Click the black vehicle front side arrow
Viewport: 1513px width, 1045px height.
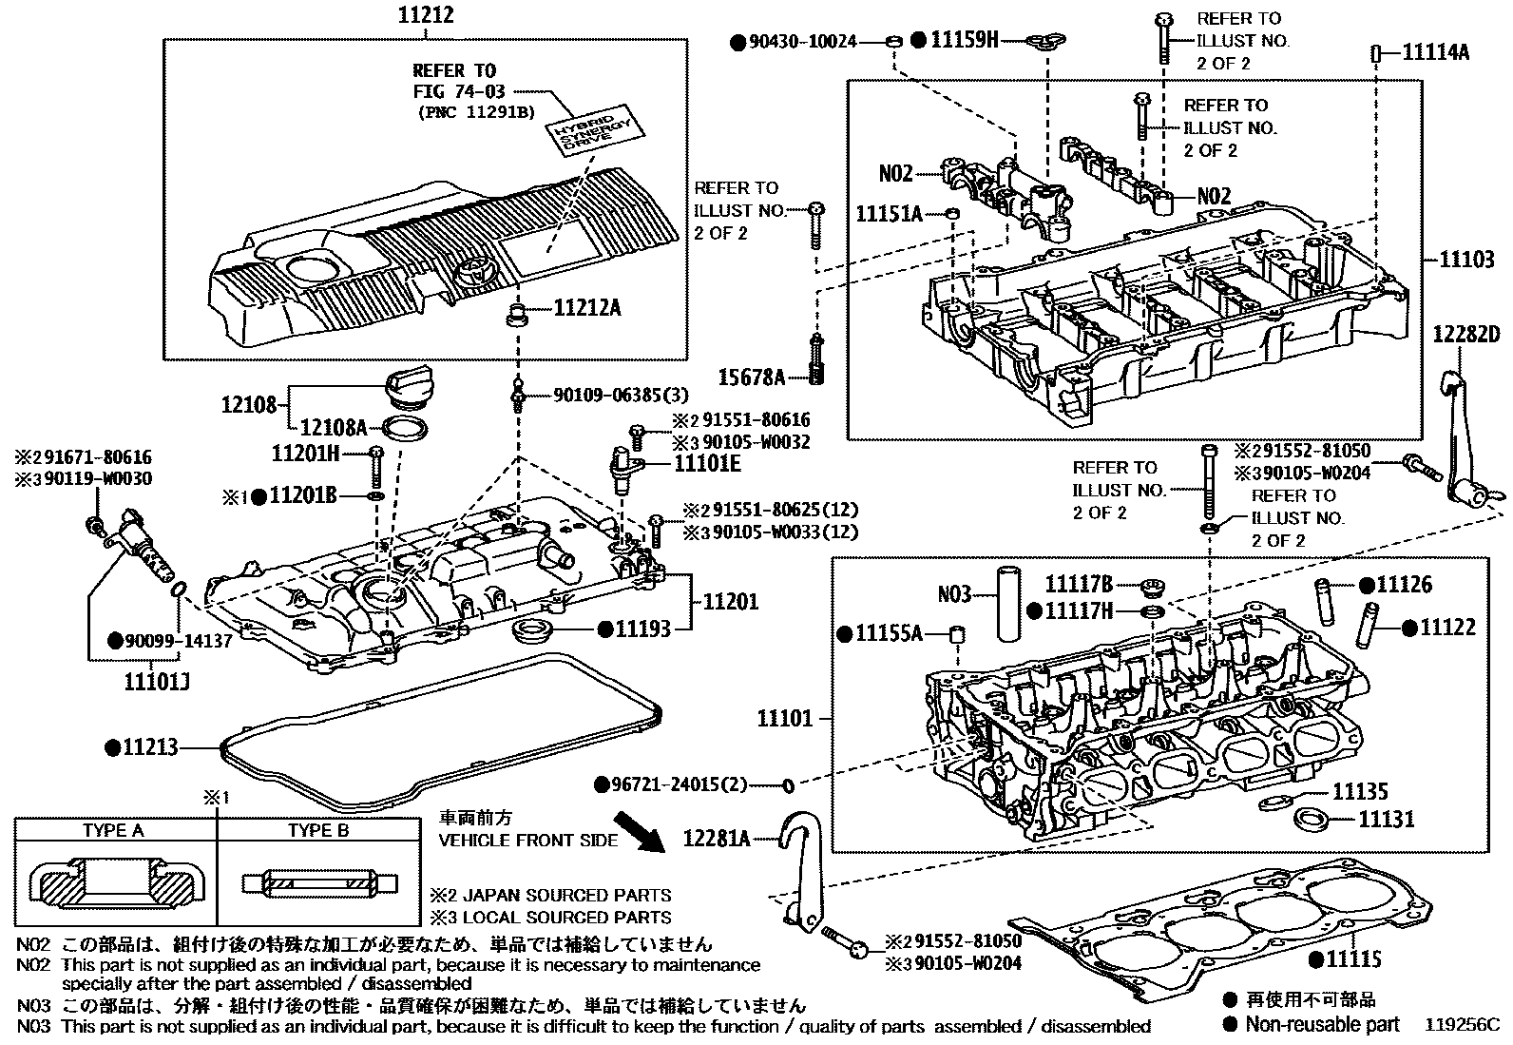click(639, 830)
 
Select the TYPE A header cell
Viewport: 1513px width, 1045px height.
click(113, 830)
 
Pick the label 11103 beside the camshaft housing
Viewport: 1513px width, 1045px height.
click(1466, 259)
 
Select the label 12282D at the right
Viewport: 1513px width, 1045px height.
click(1466, 334)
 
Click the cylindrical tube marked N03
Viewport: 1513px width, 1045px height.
click(1005, 604)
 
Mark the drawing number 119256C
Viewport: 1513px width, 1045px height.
click(1463, 1025)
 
